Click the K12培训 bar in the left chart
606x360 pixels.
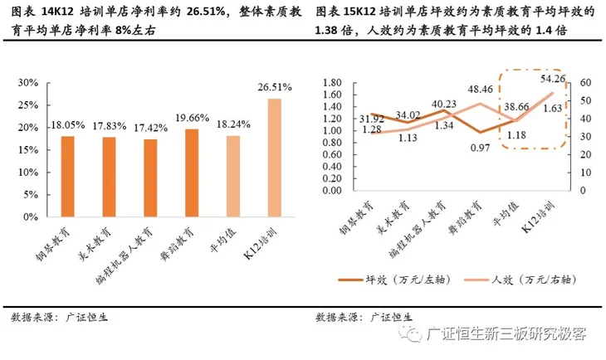274,158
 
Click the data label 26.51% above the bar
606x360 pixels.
274,86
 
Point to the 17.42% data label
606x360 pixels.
150,127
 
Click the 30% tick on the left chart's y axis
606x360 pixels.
29,83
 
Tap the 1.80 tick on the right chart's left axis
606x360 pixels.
332,83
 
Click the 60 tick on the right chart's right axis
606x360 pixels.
585,83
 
